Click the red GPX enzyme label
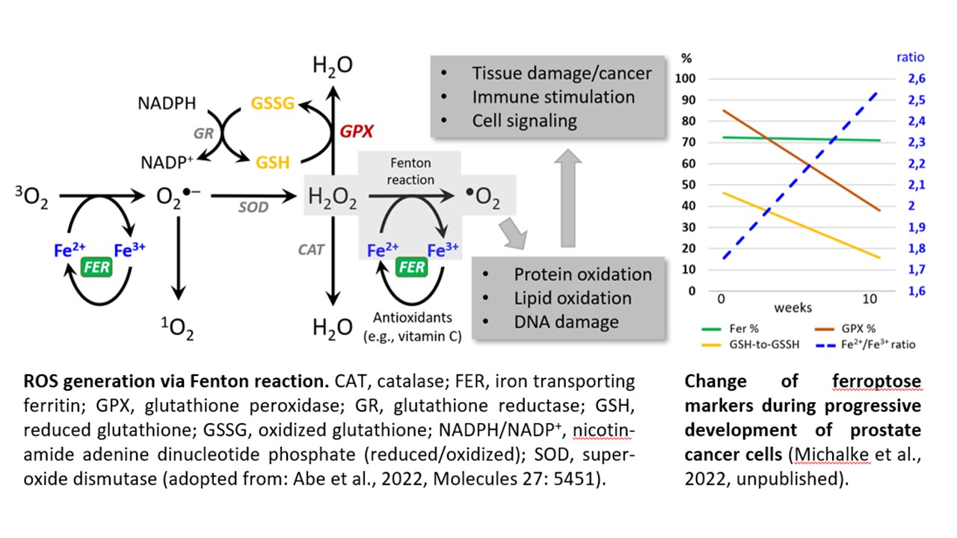(357, 131)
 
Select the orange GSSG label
(273, 103)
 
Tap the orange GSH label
(273, 163)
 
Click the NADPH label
(167, 103)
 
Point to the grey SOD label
(253, 207)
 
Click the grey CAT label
(311, 250)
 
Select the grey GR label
(203, 134)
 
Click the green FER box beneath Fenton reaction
(411, 268)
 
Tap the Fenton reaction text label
(410, 171)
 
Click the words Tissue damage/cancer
(561, 73)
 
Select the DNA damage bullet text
(566, 322)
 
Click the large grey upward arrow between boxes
(567, 198)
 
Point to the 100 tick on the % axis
(686, 78)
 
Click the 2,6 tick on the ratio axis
(917, 78)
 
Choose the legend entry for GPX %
(845, 329)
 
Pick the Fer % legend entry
(730, 329)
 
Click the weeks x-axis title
(793, 307)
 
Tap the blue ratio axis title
(910, 58)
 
